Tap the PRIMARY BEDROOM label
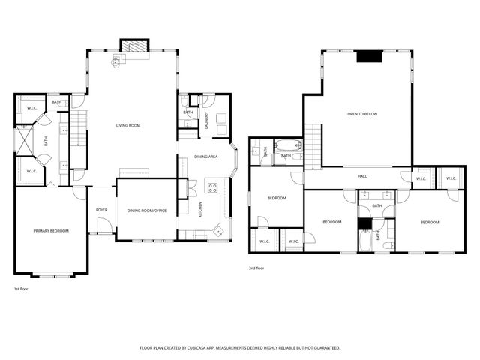coord(51,230)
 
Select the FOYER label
coord(101,211)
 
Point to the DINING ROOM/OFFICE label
coord(145,211)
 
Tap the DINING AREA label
coord(206,157)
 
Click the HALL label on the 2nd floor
coord(362,176)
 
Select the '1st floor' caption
coord(22,288)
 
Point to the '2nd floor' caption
coord(256,268)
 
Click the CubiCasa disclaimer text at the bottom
coord(240,348)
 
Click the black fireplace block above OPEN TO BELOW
coord(368,56)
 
